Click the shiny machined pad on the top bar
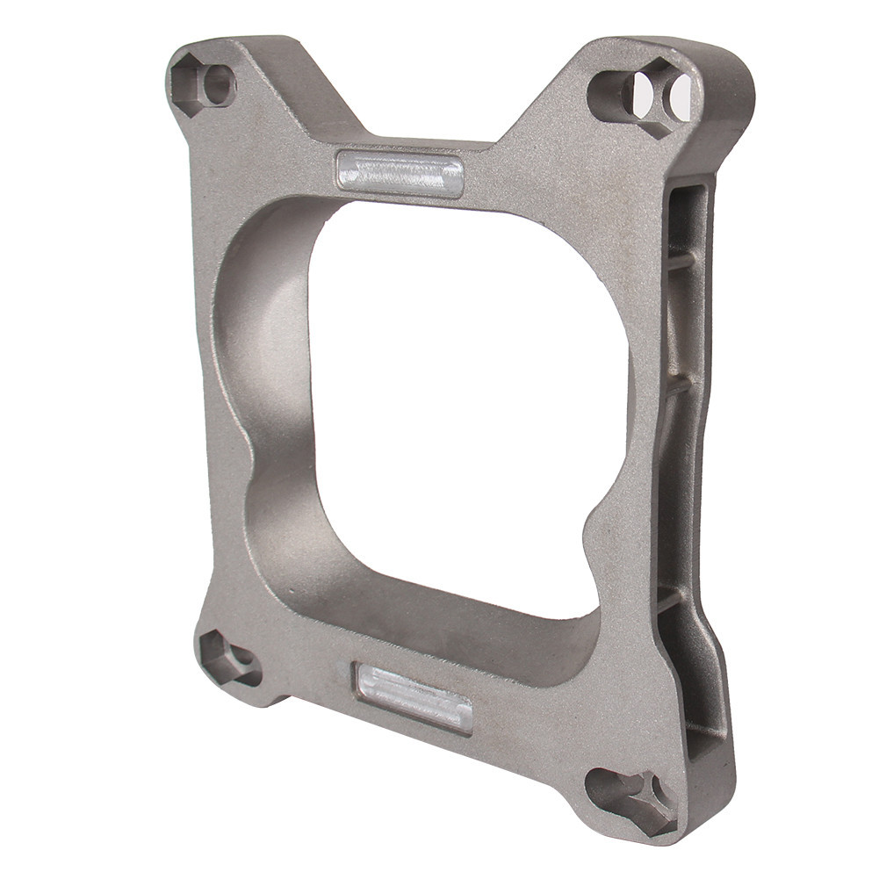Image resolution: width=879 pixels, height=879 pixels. pos(400,173)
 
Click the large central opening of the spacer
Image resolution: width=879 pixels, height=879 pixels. pos(465,395)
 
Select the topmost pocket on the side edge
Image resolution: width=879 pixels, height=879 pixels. pos(688,220)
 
